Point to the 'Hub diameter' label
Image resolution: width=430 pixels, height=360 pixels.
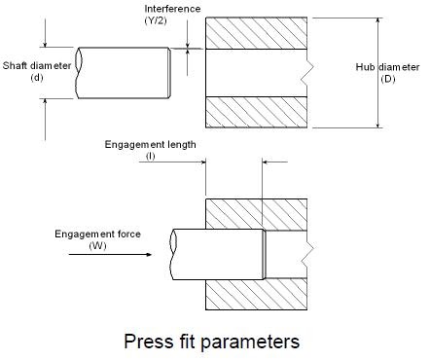click(x=388, y=66)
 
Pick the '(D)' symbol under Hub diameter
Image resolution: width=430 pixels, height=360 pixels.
click(x=388, y=79)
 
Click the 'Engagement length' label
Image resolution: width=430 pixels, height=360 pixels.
click(x=151, y=144)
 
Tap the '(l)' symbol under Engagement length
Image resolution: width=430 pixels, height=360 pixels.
click(x=151, y=156)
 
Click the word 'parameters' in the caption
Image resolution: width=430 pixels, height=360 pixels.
click(x=250, y=342)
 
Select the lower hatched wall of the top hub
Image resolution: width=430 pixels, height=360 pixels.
click(x=258, y=111)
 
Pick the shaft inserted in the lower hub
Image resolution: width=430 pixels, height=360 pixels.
click(x=219, y=253)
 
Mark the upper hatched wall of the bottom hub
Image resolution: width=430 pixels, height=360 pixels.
click(x=258, y=213)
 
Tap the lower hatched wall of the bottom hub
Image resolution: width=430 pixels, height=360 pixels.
click(x=258, y=289)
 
